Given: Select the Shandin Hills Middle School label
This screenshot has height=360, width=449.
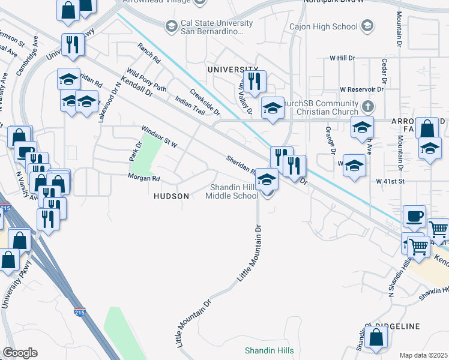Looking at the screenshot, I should coord(234,191).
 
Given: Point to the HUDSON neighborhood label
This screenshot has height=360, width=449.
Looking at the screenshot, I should coord(172,196).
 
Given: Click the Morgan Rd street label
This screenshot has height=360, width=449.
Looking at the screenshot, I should coord(143,178).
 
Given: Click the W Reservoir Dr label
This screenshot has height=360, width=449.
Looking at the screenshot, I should coord(361,89).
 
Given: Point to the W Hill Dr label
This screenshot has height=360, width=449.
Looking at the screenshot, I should coord(347,58).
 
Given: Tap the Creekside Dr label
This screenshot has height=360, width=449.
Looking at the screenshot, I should coord(205,102).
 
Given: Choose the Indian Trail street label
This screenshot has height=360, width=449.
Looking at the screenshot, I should coord(190,106).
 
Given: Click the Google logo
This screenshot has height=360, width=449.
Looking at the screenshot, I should coord(19,353).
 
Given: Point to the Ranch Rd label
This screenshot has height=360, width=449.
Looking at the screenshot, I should coord(149,53).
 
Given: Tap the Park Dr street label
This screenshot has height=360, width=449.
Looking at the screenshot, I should coord(134,151).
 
